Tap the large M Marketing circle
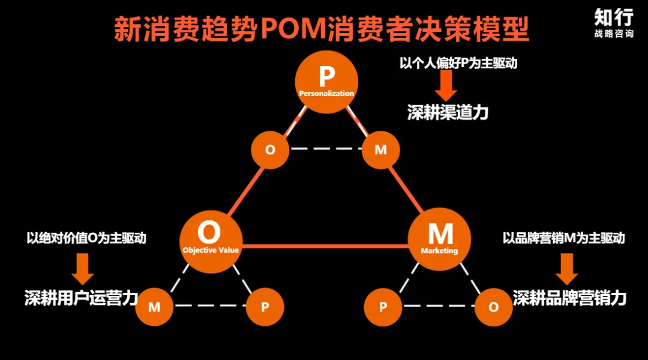tap(439, 237)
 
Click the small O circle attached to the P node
tap(270, 150)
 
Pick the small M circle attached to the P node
tap(381, 150)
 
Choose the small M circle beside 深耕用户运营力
tap(154, 307)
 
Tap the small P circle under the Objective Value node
tap(265, 307)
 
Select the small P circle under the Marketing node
tap(383, 307)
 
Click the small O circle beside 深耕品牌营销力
tap(493, 307)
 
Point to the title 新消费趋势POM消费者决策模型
tap(322, 29)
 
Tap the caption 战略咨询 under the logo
tap(613, 34)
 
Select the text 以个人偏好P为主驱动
tap(458, 64)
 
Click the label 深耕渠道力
tap(448, 112)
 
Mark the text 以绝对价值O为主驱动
tap(86, 238)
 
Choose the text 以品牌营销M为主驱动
tap(563, 238)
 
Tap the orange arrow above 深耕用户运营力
tap(82, 268)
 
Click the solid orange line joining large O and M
tap(324, 245)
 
